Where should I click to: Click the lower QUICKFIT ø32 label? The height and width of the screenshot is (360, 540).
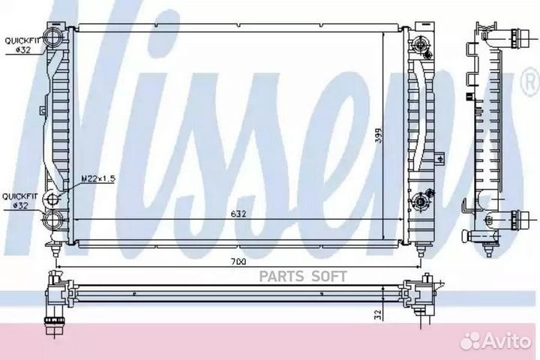pyautogui.click(x=17, y=201)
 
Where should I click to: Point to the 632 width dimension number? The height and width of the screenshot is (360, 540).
pyautogui.click(x=238, y=213)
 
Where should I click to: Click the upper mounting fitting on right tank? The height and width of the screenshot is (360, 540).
pyautogui.click(x=421, y=46)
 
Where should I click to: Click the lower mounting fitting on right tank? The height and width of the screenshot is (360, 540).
pyautogui.click(x=421, y=200)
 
